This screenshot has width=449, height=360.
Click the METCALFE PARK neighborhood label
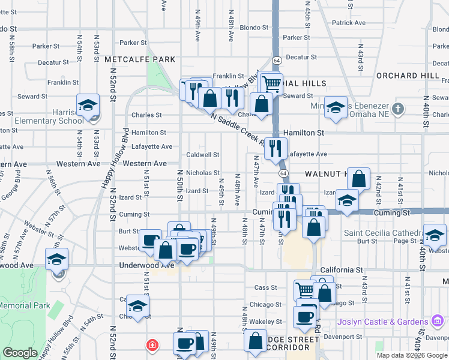[140, 59]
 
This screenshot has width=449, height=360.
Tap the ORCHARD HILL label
[408, 76]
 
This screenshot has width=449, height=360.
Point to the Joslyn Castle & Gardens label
[382, 322]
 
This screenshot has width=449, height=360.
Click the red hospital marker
[152, 345]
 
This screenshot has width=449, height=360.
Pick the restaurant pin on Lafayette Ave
[276, 148]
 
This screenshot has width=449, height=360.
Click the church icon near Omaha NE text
[397, 109]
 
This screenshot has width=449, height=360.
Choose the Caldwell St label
[202, 154]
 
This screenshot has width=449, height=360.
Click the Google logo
[19, 353]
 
